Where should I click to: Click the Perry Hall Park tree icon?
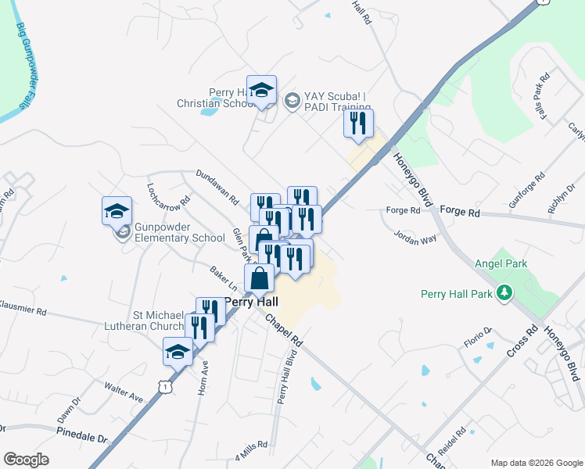[x=506, y=293]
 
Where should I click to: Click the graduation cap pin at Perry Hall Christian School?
[x=262, y=91]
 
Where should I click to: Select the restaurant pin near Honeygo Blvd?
[x=358, y=124]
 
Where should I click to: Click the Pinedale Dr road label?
[x=82, y=434]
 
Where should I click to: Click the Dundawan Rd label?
[x=217, y=187]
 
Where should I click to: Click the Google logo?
[x=27, y=460]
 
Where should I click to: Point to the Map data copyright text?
[x=535, y=463]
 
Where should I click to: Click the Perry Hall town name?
[x=251, y=301]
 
